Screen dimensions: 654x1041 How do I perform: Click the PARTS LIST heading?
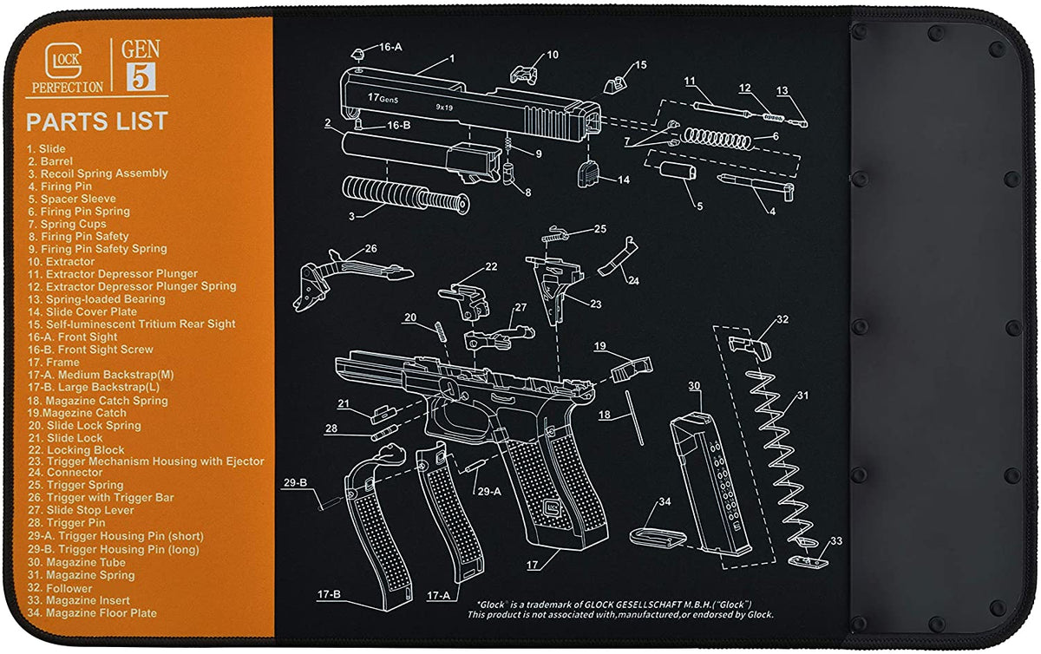96,121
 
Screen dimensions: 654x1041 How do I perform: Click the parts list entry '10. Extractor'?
61,261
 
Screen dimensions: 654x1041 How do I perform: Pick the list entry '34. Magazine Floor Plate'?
92,613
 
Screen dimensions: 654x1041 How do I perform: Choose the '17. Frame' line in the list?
53,363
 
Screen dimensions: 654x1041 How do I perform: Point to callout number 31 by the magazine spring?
803,396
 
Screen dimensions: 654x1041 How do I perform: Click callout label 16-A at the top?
390,47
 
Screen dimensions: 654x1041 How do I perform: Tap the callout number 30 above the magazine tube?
693,385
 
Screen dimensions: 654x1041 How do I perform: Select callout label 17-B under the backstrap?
329,595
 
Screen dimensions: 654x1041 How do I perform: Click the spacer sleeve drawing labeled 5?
678,169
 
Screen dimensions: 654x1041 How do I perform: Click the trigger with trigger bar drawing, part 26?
347,268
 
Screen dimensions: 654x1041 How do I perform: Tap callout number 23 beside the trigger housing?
595,304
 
